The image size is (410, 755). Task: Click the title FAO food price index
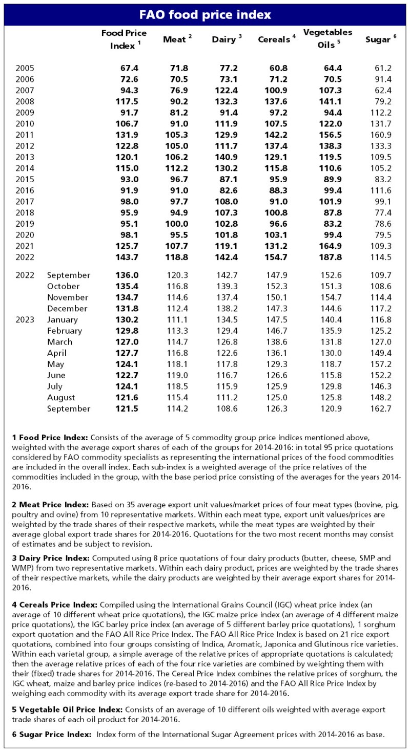(x=205, y=14)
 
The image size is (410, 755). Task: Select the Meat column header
(x=175, y=39)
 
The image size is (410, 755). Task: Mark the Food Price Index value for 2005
(x=128, y=68)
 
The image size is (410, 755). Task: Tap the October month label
(x=64, y=286)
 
